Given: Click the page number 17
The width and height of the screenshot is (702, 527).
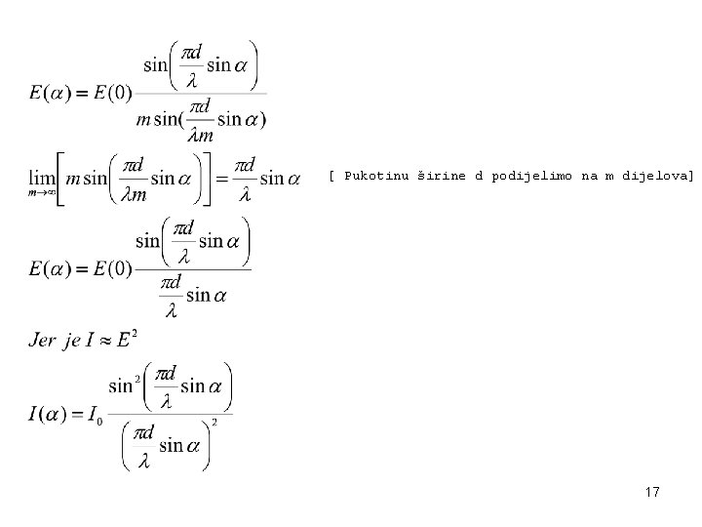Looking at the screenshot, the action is (x=652, y=493).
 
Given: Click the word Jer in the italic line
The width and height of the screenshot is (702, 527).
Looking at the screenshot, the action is (x=44, y=340).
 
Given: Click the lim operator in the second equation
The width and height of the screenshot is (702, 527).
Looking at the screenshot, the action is (x=43, y=178).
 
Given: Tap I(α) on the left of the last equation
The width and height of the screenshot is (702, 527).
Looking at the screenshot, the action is (x=48, y=415).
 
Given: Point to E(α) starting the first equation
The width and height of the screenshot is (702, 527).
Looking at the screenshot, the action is (x=49, y=94).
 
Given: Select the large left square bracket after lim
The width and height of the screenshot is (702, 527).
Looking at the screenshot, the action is (x=60, y=179).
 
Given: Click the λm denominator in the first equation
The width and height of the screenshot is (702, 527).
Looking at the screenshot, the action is (x=200, y=136).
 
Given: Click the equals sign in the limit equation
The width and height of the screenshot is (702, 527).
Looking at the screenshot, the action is (x=222, y=179).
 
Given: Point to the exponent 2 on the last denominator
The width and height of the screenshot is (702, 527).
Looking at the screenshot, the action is (x=214, y=422).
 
